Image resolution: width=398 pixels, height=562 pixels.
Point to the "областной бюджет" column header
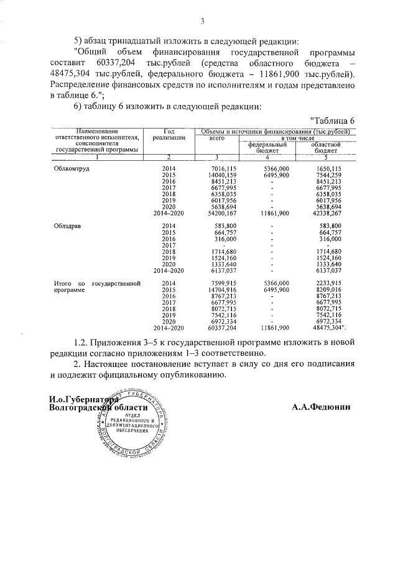(x=326, y=147)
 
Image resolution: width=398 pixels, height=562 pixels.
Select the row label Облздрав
(x=67, y=225)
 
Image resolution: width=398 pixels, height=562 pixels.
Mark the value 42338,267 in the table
(x=327, y=212)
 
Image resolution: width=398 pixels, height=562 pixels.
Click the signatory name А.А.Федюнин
(x=321, y=407)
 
